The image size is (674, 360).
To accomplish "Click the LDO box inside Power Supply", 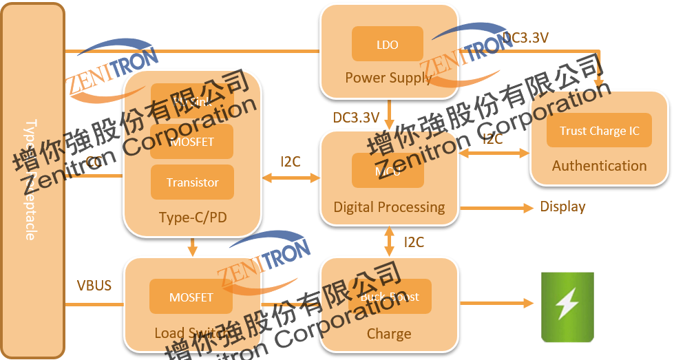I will (387, 44).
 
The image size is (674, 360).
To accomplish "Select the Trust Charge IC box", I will (599, 130).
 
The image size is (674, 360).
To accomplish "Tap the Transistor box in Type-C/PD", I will (192, 182).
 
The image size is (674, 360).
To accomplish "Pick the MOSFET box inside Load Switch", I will (191, 297).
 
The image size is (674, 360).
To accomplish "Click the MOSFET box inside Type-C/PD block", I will (192, 142).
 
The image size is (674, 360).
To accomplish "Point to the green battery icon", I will (567, 307).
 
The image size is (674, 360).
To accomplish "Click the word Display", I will (562, 207).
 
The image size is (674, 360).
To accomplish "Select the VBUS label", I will (94, 285).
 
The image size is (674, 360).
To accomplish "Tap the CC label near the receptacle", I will (94, 162).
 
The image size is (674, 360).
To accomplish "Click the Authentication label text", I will (599, 166).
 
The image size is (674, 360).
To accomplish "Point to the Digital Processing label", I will (389, 207).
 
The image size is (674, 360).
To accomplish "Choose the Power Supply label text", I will (388, 77).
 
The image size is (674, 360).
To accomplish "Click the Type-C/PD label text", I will (193, 218).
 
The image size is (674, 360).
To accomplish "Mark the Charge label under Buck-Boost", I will (389, 334).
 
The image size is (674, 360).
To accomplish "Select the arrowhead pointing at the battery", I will (529, 303).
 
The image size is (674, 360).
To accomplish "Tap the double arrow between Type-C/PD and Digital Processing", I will (291, 178).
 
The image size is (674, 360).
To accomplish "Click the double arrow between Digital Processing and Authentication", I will (493, 154).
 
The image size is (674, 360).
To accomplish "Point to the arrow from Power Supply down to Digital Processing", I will (390, 114).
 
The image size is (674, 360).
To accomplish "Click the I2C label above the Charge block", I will (414, 242).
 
